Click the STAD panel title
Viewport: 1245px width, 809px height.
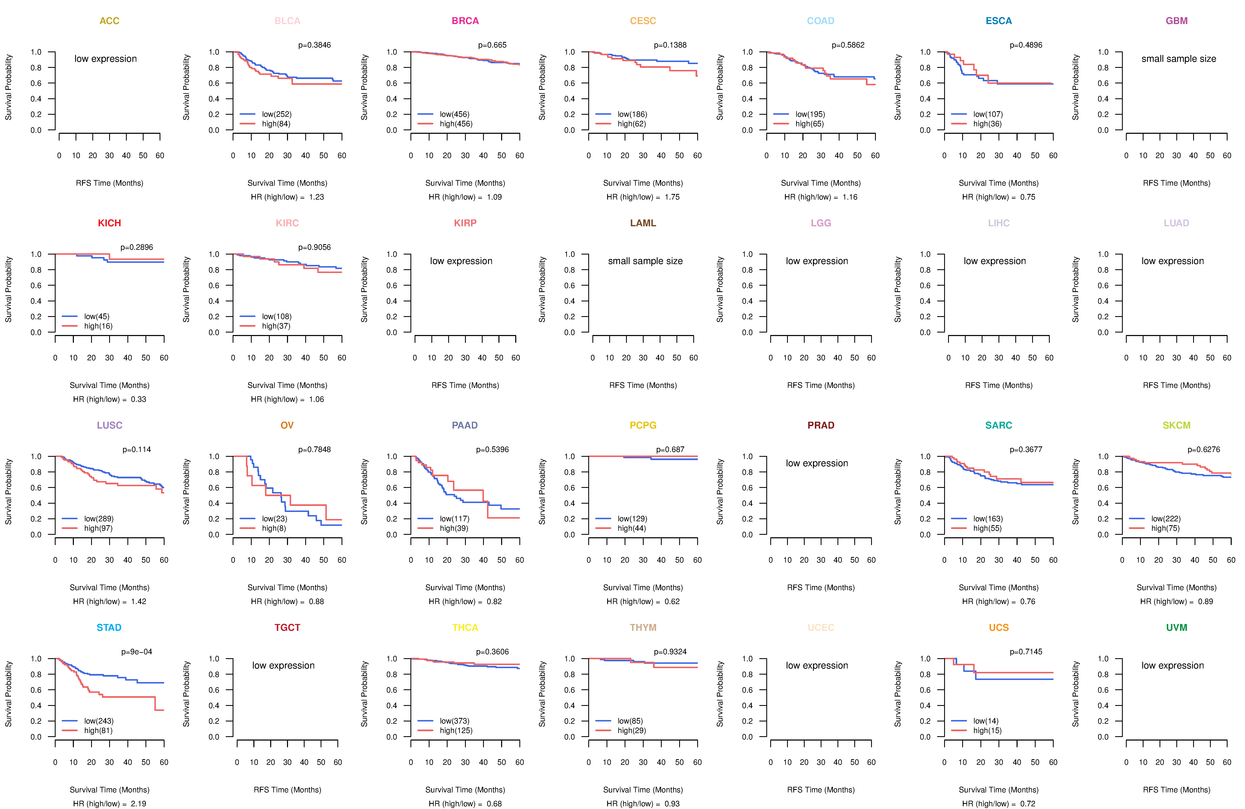point(109,627)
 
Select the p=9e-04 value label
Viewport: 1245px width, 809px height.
point(137,652)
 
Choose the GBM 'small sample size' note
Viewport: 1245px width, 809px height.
point(1179,58)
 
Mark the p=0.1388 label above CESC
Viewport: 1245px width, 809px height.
point(670,45)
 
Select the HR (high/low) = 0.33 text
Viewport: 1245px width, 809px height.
point(109,399)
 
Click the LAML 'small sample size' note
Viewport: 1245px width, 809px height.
point(645,261)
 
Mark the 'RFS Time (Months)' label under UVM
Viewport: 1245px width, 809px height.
point(1177,790)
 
